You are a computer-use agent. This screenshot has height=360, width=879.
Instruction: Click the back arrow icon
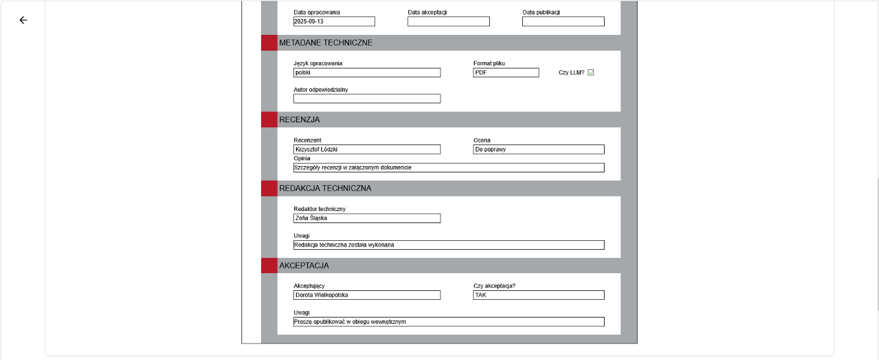[x=23, y=20]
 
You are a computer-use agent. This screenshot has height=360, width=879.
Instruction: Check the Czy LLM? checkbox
[x=591, y=72]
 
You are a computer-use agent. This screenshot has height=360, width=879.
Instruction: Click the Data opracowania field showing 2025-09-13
[x=334, y=22]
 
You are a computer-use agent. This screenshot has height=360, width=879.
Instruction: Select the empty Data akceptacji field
[x=448, y=22]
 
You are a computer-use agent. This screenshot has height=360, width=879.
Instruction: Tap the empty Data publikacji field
[x=563, y=22]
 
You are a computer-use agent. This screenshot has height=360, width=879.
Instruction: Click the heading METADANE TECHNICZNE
[x=326, y=43]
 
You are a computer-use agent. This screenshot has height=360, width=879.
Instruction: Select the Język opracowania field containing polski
[x=366, y=73]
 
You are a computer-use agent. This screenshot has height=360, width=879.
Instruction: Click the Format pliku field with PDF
[x=506, y=73]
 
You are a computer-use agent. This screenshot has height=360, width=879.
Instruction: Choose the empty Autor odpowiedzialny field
[x=366, y=99]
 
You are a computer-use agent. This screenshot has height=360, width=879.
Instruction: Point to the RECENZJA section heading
[x=299, y=120]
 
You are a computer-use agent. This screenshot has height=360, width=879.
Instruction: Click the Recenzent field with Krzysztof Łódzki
[x=366, y=150]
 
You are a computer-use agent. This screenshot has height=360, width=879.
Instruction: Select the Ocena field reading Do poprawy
[x=538, y=150]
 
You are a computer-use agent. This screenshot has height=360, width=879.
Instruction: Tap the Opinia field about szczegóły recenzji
[x=448, y=168]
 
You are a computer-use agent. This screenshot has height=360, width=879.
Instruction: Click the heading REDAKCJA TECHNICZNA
[x=325, y=188]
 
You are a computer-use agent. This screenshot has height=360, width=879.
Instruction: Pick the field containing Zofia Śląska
[x=366, y=218]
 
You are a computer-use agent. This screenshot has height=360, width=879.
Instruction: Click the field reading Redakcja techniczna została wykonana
[x=448, y=245]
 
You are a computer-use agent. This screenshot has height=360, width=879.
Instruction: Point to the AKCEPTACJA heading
[x=304, y=266]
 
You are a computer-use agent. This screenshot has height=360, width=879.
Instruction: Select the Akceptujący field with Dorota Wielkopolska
[x=366, y=295]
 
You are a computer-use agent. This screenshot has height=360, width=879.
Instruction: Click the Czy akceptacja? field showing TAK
[x=538, y=295]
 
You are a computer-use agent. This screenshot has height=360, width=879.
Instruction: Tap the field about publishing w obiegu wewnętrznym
[x=448, y=322]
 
